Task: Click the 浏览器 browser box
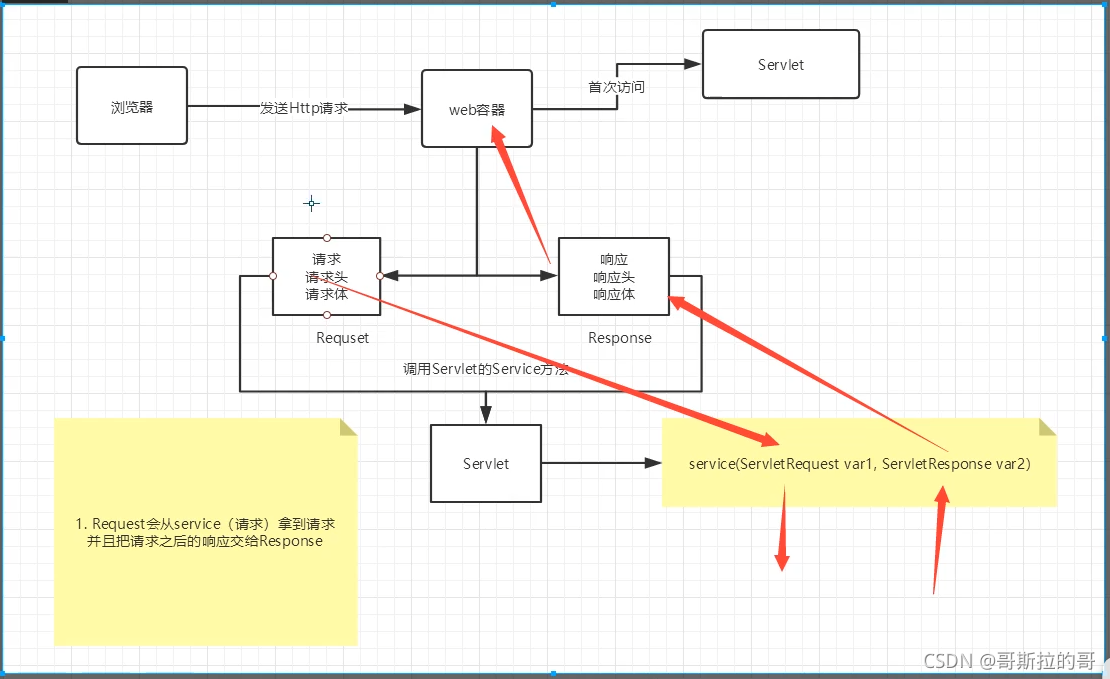click(132, 106)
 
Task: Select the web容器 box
click(477, 109)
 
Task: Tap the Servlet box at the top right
click(781, 64)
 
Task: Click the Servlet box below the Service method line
click(486, 463)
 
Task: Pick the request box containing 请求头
click(326, 276)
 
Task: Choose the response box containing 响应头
click(614, 276)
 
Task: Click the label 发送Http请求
click(304, 108)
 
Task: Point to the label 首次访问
click(616, 87)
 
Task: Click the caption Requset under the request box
click(343, 338)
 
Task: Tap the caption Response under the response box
click(620, 338)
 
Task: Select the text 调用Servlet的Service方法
click(486, 368)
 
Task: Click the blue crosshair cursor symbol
click(311, 204)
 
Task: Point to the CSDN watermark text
click(1009, 660)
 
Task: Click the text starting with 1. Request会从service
click(205, 532)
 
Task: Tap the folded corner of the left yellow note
click(348, 427)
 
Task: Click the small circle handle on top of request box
click(327, 238)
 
